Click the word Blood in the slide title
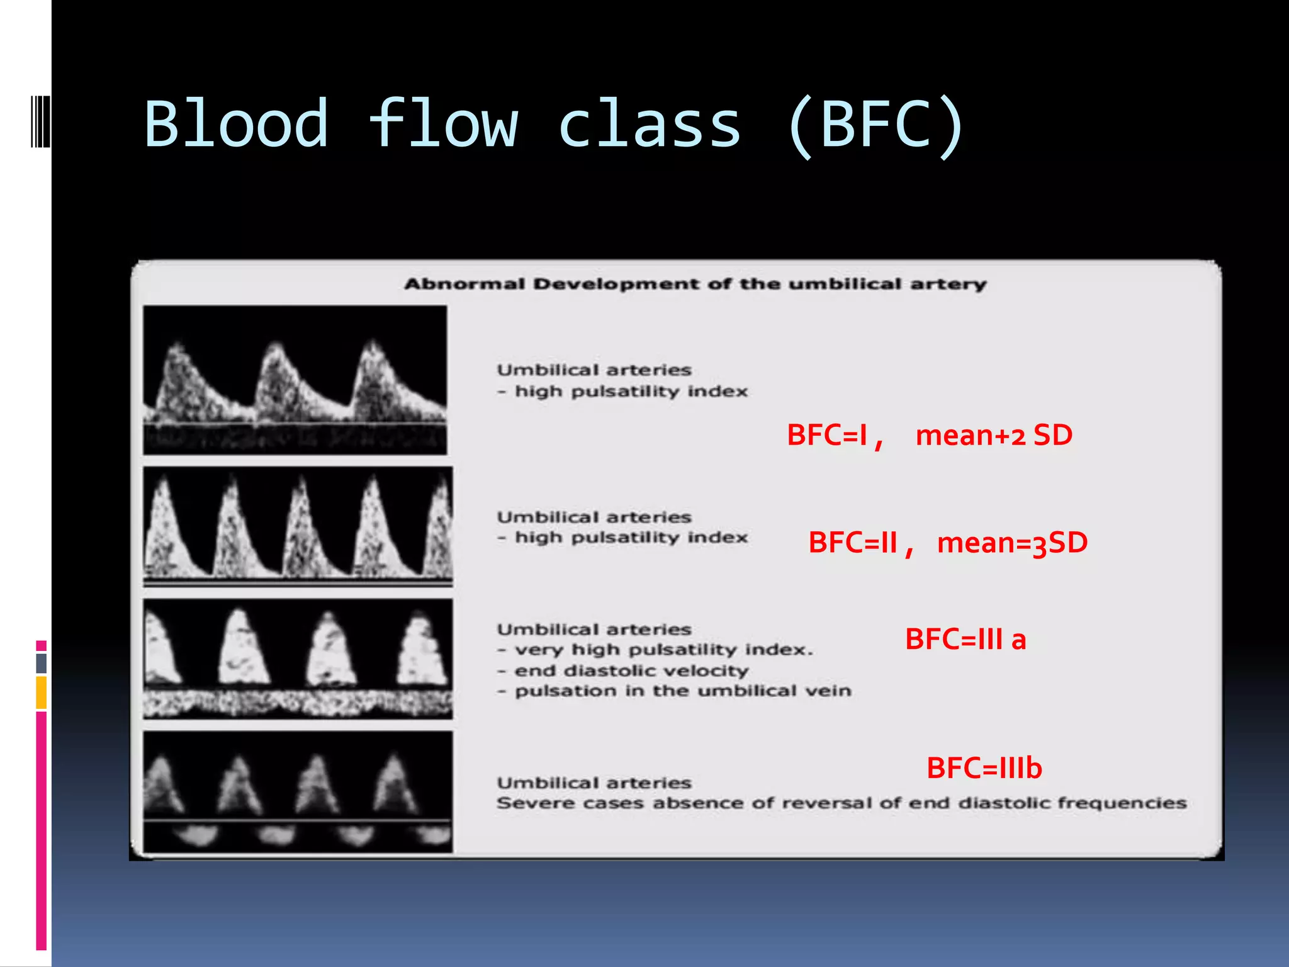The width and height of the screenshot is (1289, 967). tap(236, 124)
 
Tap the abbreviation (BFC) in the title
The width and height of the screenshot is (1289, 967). tap(875, 125)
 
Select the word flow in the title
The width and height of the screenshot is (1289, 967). tap(444, 124)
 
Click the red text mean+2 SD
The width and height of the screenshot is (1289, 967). tap(994, 435)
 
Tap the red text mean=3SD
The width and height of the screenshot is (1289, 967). tap(1012, 543)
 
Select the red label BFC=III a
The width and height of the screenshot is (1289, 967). tap(965, 640)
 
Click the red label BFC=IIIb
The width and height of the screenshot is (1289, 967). tap(984, 768)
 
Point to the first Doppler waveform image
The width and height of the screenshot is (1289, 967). tap(295, 380)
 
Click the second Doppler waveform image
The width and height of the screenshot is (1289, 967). tap(298, 526)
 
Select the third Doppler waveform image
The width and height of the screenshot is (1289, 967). tap(298, 659)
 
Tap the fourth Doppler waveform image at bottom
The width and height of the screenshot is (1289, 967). tap(298, 792)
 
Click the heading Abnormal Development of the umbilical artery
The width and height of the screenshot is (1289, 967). tap(695, 285)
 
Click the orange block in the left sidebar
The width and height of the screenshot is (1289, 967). tap(42, 693)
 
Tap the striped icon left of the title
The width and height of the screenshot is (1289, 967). tap(40, 121)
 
